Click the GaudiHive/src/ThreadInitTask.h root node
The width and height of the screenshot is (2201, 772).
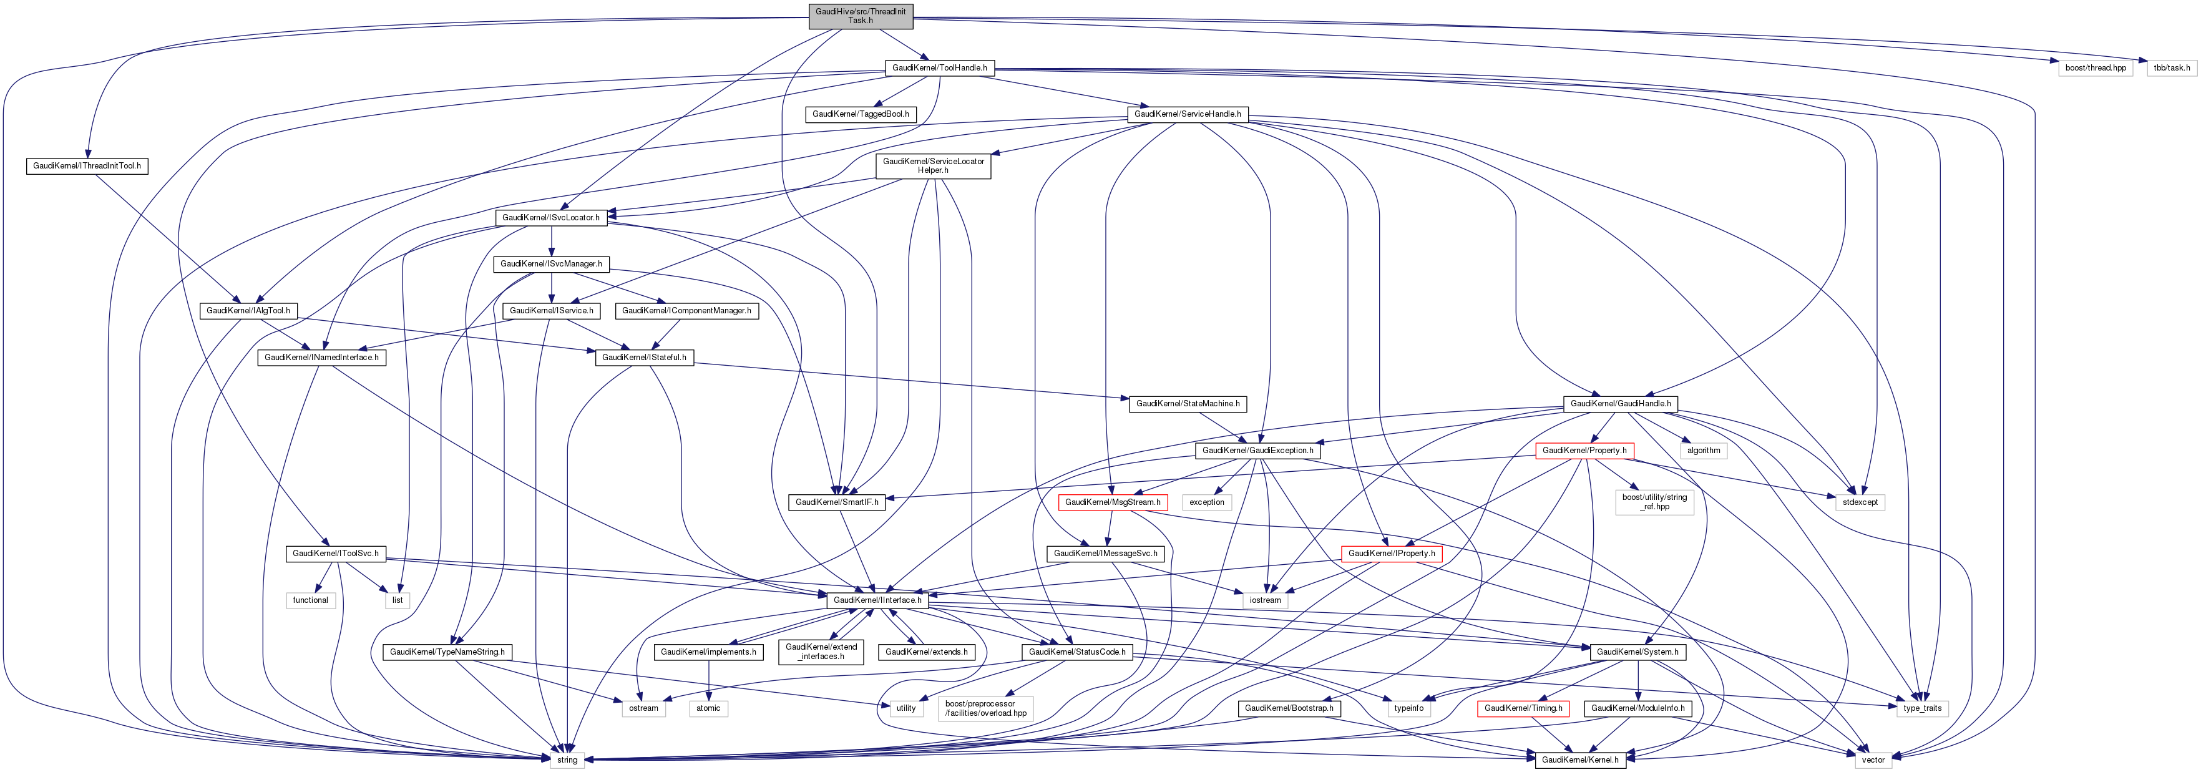[861, 16]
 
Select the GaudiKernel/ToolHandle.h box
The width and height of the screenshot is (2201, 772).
[939, 67]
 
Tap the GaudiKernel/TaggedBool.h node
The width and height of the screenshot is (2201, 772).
[861, 114]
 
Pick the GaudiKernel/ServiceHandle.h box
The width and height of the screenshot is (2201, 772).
[1187, 114]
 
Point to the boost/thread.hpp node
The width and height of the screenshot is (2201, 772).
[2095, 67]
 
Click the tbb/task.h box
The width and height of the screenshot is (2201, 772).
[2170, 67]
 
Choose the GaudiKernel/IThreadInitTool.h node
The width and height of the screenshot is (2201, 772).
[87, 166]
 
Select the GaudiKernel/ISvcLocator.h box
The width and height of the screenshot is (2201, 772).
[551, 218]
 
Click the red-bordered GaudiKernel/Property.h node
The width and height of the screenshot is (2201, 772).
[1584, 451]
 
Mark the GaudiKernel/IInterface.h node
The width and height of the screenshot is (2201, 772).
[877, 600]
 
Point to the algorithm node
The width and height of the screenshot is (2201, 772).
[1704, 451]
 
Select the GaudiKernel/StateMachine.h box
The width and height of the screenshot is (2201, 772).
[1187, 404]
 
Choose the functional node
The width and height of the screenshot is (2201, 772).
[310, 600]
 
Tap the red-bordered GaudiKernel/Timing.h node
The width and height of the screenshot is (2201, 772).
[1523, 708]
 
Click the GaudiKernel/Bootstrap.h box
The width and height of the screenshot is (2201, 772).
[1289, 708]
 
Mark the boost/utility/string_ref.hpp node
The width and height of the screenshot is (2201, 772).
[1654, 502]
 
